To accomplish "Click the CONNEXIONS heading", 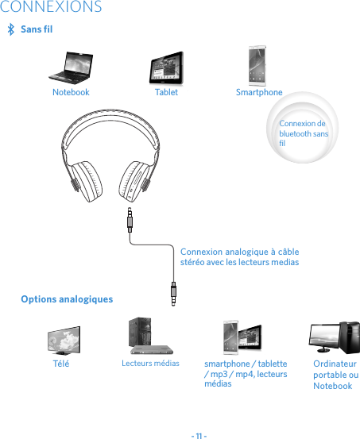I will point(52,8).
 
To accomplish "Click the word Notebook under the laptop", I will point(71,92).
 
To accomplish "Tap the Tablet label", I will point(166,92).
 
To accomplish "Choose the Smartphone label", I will point(259,92).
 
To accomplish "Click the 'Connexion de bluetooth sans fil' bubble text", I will point(303,133).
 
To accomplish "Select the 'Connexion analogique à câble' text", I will point(239,256).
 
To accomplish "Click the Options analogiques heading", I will point(67,299).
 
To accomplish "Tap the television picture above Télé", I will point(63,340).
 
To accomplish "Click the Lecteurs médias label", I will point(150,363).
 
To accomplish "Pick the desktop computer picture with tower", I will point(335,337).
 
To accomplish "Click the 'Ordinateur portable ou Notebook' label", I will point(335,374).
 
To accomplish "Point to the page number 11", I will point(199,433).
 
